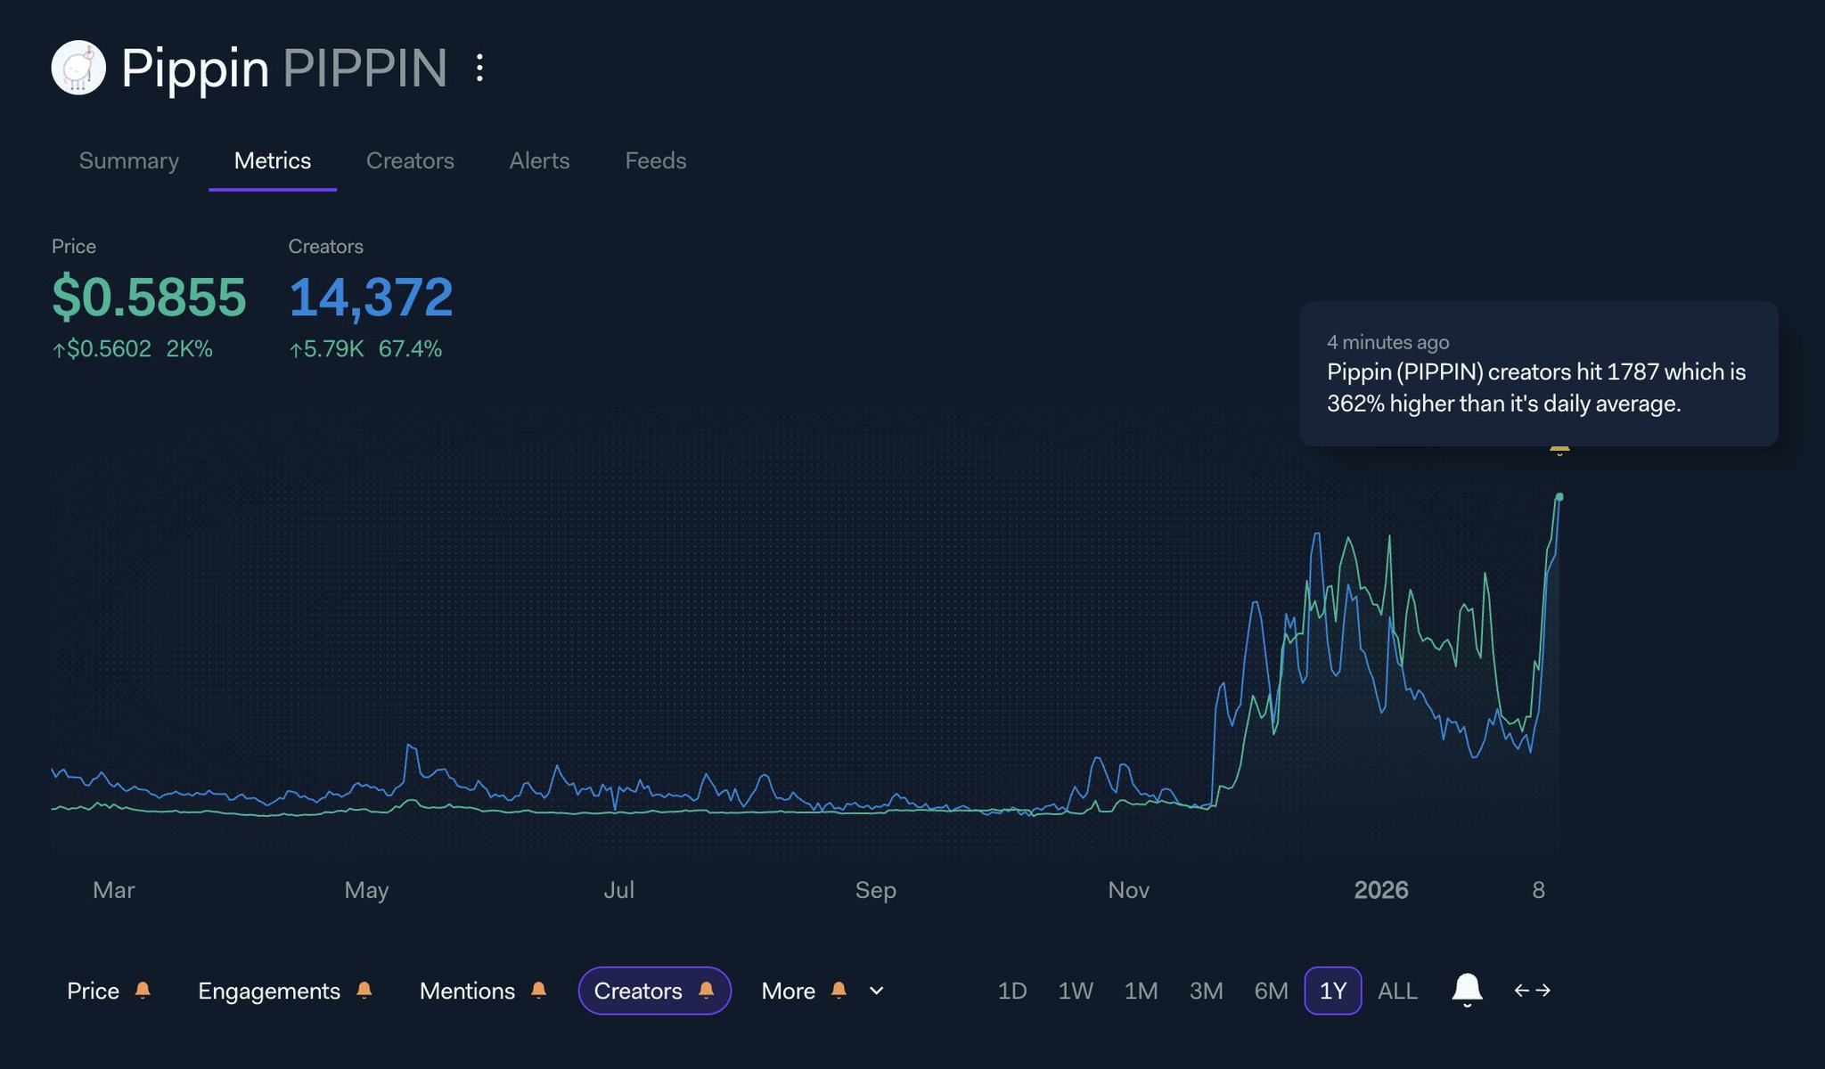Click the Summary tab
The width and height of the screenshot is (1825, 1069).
pyautogui.click(x=128, y=160)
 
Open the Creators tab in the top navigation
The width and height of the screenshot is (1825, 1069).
pyautogui.click(x=410, y=160)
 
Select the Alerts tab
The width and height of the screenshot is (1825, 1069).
pyautogui.click(x=539, y=160)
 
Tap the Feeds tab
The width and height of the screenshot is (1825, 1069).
pyautogui.click(x=655, y=160)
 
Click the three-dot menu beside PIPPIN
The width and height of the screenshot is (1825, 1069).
pyautogui.click(x=479, y=68)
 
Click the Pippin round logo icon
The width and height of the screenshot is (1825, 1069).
pyautogui.click(x=78, y=68)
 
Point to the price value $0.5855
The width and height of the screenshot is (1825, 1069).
pyautogui.click(x=149, y=297)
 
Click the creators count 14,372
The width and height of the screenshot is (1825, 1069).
pyautogui.click(x=371, y=297)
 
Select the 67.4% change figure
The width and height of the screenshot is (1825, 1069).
pyautogui.click(x=410, y=348)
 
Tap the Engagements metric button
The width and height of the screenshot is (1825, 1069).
pyautogui.click(x=269, y=991)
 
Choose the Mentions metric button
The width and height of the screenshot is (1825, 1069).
pyautogui.click(x=467, y=991)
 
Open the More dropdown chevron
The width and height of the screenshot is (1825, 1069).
pyautogui.click(x=876, y=991)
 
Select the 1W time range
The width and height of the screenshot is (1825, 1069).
pyautogui.click(x=1075, y=991)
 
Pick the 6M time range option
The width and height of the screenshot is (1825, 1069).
pyautogui.click(x=1271, y=991)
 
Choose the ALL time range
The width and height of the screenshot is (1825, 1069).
pyautogui.click(x=1397, y=991)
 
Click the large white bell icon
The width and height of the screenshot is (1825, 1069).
pyautogui.click(x=1467, y=989)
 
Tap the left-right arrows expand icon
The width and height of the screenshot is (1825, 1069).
pyautogui.click(x=1532, y=991)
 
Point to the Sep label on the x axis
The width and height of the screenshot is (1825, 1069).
pyautogui.click(x=875, y=890)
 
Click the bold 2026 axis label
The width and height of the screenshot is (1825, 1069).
pyautogui.click(x=1380, y=890)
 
